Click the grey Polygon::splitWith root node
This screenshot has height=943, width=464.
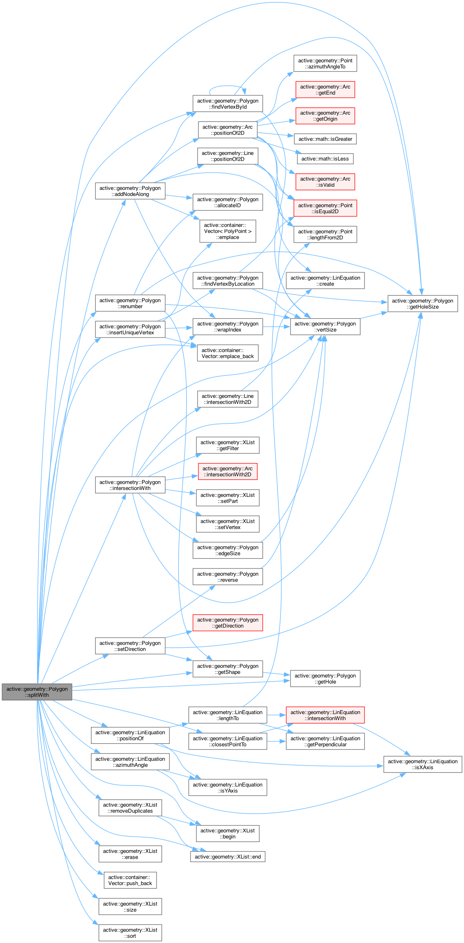(x=37, y=692)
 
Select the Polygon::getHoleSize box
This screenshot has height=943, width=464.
(x=423, y=303)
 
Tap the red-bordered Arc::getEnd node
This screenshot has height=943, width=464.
(x=325, y=90)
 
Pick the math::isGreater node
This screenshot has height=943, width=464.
(x=325, y=139)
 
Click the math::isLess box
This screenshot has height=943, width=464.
(x=325, y=159)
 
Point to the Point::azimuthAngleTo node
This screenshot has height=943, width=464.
(x=325, y=64)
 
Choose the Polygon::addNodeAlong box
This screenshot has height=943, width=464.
(x=130, y=191)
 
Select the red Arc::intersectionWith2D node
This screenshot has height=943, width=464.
(x=227, y=471)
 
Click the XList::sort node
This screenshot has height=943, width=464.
(x=130, y=933)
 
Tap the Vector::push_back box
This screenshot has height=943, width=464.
(x=130, y=880)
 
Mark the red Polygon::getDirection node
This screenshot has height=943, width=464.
(x=227, y=623)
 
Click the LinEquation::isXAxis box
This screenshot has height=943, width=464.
(x=423, y=764)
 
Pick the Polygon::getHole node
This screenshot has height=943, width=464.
(x=325, y=679)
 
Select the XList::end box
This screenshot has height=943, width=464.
(x=227, y=857)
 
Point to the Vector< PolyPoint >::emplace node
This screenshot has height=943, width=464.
(x=227, y=231)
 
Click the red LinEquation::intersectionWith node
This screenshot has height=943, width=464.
(x=325, y=715)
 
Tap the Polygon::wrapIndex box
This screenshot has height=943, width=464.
(x=227, y=327)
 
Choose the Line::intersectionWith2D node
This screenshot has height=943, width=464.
(x=227, y=399)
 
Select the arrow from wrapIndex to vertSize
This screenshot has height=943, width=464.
(x=276, y=327)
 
